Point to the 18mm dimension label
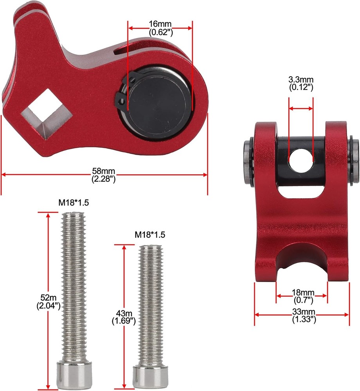[x=302, y=292]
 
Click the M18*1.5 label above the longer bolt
[x=74, y=203]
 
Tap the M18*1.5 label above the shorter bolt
[x=150, y=235]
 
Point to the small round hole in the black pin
[x=301, y=160]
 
